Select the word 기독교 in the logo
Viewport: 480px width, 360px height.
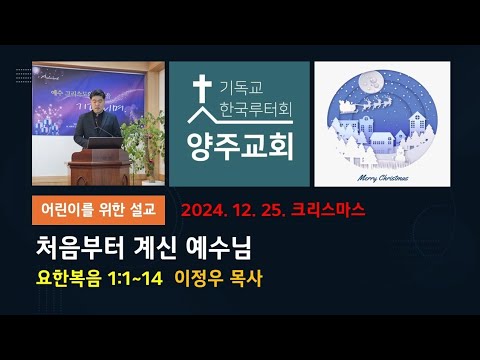point(240,81)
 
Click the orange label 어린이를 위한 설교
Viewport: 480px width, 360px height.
point(96,210)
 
